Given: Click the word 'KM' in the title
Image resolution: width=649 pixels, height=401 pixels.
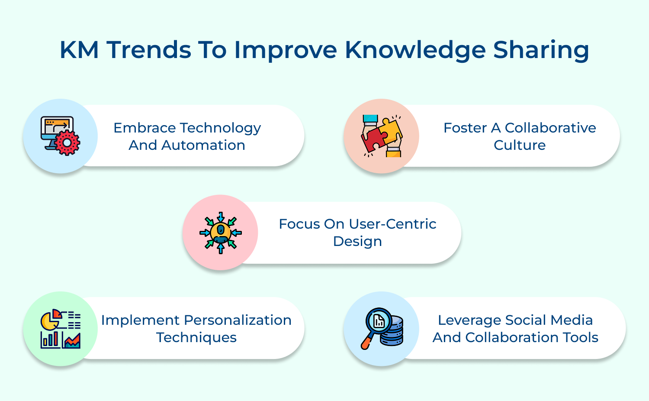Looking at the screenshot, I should coord(79,50).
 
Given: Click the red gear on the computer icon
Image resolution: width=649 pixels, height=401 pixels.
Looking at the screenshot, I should coord(67,142).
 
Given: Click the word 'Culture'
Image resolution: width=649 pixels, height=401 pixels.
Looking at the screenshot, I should coord(520,145).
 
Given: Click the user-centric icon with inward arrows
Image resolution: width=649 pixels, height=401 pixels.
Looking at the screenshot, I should coord(221,233).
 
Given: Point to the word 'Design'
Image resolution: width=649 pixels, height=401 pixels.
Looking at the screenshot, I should coord(357,241).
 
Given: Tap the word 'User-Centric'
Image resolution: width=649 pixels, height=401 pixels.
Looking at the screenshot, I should coord(392,224).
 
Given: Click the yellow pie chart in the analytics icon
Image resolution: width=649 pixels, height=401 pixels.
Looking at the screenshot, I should coord(49,322).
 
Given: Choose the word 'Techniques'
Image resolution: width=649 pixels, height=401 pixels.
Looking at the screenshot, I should coord(196,337).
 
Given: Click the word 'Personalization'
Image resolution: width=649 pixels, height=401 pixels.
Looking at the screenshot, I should coord(238,320).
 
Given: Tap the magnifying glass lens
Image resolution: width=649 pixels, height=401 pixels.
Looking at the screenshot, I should coord(379,320).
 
